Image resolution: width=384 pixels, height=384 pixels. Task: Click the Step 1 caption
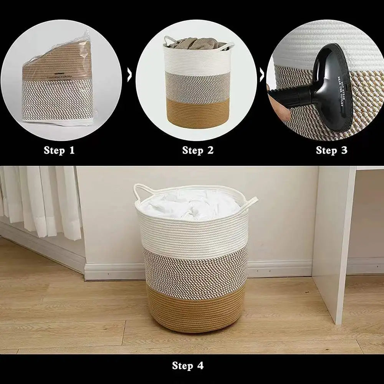[x=59, y=150]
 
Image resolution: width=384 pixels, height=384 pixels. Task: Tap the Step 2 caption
[x=198, y=150]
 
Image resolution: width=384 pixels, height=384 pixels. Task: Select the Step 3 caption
[x=331, y=150]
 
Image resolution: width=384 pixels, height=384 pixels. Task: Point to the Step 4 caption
[x=188, y=365]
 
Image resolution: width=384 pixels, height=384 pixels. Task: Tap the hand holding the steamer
[x=277, y=104]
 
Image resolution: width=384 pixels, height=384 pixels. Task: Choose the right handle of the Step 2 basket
[x=227, y=47]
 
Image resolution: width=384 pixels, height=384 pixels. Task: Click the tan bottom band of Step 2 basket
[x=198, y=113]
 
